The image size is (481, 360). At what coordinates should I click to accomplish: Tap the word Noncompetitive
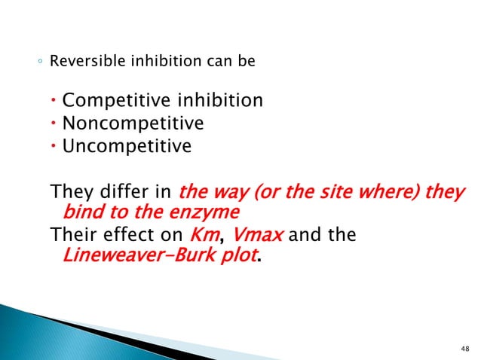(133, 122)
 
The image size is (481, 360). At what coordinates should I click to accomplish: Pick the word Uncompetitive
(127, 145)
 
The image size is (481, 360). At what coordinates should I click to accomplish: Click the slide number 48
(463, 347)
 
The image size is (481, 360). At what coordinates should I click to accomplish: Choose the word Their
(72, 235)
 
